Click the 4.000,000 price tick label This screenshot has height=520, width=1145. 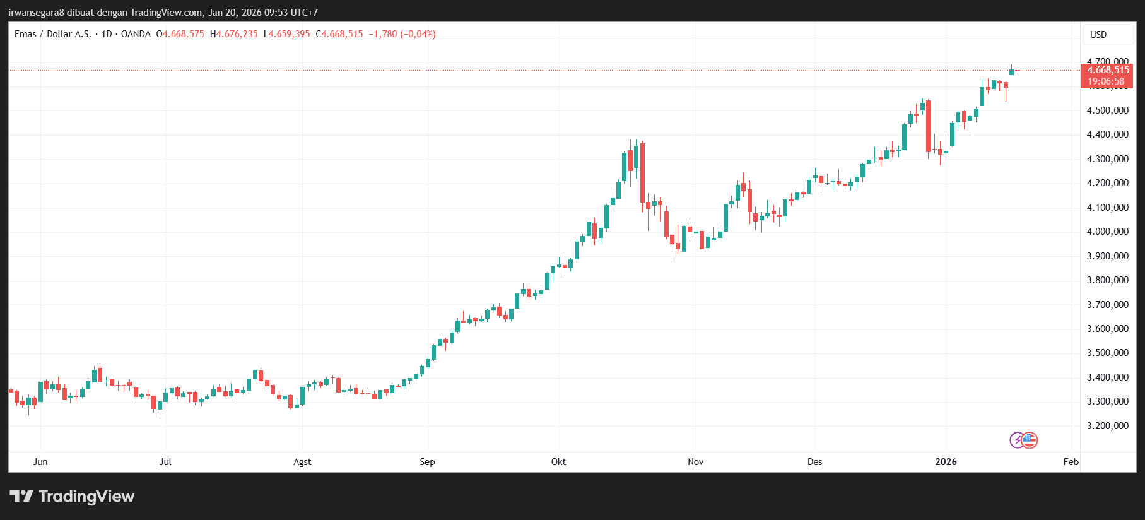[x=1107, y=232]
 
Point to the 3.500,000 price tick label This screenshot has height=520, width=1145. [x=1107, y=353]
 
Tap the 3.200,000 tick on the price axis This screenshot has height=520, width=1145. [x=1107, y=426]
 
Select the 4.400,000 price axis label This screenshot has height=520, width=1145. [x=1107, y=134]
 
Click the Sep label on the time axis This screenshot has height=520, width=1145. [x=427, y=462]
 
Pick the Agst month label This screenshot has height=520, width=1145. [x=302, y=462]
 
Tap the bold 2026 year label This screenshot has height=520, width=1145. [x=946, y=462]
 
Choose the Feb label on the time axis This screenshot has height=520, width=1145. [x=1071, y=462]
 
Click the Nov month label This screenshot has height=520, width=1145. [x=695, y=462]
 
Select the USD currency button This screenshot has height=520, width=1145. [x=1098, y=35]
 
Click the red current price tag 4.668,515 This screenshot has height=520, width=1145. [x=1108, y=70]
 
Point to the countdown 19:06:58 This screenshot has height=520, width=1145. [x=1106, y=81]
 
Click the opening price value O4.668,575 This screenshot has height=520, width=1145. [x=180, y=34]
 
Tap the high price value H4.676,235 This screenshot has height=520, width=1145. [x=234, y=34]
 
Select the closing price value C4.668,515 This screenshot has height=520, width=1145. [x=339, y=34]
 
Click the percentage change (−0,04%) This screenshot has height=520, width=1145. [x=418, y=34]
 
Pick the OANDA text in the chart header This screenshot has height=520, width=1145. [x=136, y=34]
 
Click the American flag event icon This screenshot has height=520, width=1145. [x=1030, y=440]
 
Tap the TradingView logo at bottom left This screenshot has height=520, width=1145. [x=72, y=497]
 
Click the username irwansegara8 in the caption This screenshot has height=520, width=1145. [x=37, y=13]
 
